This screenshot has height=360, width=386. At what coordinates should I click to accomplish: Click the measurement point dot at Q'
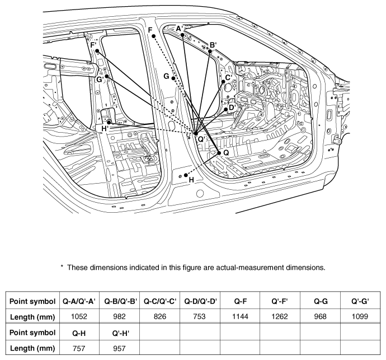coord(196,134)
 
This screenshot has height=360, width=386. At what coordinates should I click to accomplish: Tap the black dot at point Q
coord(219,153)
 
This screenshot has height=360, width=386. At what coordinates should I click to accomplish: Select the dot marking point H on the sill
coord(186,175)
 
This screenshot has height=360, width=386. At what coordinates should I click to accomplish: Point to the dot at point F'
coord(97,51)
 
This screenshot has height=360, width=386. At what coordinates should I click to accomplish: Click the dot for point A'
coord(182,35)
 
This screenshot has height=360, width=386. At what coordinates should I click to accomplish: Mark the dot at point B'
coord(210,52)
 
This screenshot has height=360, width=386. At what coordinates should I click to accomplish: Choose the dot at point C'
coord(223,82)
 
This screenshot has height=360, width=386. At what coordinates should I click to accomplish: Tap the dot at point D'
coord(226,109)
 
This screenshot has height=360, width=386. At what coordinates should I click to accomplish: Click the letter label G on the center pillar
coord(166,76)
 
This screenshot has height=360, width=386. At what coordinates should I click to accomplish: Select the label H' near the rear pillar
coord(105,128)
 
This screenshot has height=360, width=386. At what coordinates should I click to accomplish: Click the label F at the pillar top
coord(150,30)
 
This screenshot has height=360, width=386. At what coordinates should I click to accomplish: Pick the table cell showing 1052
coord(79,316)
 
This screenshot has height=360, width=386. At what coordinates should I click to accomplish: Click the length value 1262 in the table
coord(280,316)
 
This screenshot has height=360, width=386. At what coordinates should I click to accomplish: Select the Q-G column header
coord(321,301)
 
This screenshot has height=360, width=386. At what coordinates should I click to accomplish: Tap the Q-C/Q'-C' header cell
coord(160,301)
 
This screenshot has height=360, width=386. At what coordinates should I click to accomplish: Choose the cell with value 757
coord(79,348)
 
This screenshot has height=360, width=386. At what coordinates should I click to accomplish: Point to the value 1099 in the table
coord(360,316)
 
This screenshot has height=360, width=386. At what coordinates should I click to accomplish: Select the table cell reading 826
coord(160,316)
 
